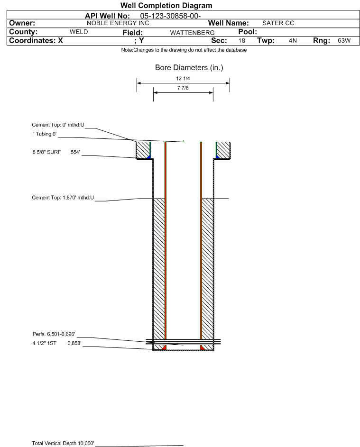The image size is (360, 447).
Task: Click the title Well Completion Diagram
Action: tap(166, 5)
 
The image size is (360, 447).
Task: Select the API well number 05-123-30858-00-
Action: tap(170, 16)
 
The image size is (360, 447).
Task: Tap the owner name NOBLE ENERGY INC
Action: tap(118, 23)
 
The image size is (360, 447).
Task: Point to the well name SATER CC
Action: tap(278, 23)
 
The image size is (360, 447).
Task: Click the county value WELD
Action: tap(79, 32)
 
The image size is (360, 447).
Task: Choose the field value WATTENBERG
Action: tap(192, 33)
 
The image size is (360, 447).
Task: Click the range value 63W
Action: tap(344, 40)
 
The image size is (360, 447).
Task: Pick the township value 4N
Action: tap(293, 40)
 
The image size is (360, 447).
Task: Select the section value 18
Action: tap(241, 40)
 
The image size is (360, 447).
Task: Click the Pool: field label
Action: tap(248, 32)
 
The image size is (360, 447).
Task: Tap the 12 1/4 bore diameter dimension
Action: tap(183, 78)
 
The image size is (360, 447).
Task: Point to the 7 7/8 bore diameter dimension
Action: tap(183, 88)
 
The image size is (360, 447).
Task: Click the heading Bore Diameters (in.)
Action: tap(189, 68)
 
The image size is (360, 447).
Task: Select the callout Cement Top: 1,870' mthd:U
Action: tap(63, 198)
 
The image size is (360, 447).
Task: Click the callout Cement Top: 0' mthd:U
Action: tap(58, 125)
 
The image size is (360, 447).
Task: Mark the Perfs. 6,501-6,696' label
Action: tap(54, 334)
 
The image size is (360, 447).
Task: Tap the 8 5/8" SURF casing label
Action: tap(46, 152)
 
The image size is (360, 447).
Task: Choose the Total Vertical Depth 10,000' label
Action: tap(63, 443)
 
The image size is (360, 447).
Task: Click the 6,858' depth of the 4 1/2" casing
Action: tap(74, 343)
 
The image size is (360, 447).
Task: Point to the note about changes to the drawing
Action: tap(184, 50)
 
